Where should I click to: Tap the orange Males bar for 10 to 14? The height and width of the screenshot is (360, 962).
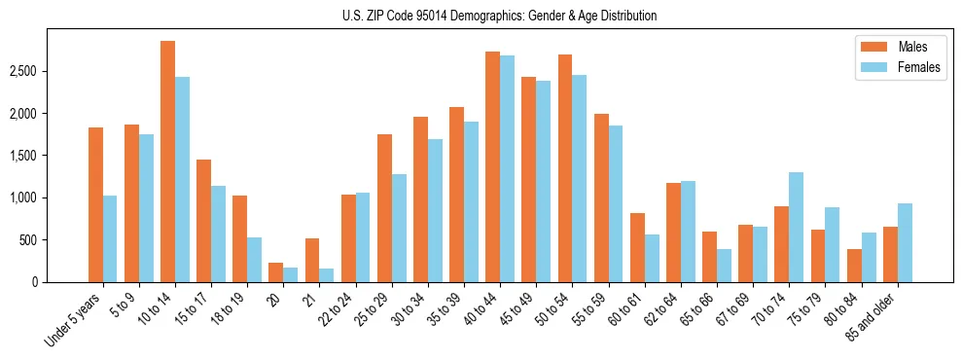tap(168, 162)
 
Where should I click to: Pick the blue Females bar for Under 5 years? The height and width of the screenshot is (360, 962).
tap(110, 238)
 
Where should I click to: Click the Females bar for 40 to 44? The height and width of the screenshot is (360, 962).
tap(508, 168)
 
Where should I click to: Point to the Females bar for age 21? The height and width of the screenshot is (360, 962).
tap(327, 274)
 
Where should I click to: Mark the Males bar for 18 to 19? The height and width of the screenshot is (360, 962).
tap(240, 238)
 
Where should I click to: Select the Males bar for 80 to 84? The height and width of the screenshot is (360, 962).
tap(854, 265)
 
